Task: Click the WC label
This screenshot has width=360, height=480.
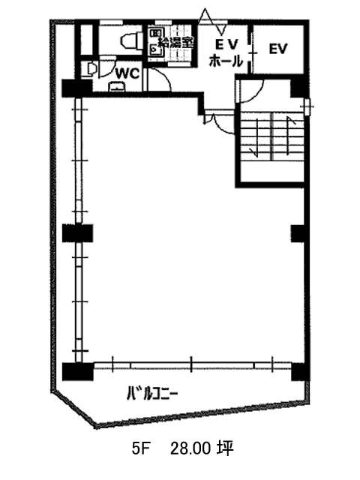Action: [127, 73]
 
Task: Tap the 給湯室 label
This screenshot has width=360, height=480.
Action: [175, 42]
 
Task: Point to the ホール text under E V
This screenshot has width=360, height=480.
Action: [226, 61]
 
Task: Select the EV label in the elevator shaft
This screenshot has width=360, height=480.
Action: [278, 49]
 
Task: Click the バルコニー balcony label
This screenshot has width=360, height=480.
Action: [151, 393]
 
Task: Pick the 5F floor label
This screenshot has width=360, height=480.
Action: [140, 449]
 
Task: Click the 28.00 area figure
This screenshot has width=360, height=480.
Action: [190, 449]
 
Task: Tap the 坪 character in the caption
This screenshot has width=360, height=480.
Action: [226, 448]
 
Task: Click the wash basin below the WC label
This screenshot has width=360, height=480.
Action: [117, 87]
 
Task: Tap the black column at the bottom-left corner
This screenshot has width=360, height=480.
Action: [78, 371]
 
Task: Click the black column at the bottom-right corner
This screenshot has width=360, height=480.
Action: [298, 371]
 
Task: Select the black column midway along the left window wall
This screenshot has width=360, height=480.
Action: [78, 233]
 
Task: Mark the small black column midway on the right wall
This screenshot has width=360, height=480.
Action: [298, 233]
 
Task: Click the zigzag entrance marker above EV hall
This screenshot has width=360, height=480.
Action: [213, 22]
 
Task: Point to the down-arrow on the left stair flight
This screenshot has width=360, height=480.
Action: [256, 136]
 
